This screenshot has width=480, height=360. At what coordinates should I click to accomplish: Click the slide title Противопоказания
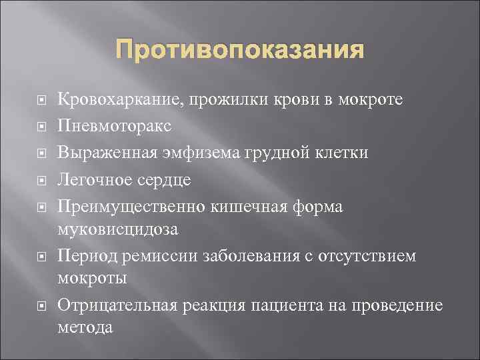coord(240,51)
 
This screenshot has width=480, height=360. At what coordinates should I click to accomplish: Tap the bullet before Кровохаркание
coord(41,101)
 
